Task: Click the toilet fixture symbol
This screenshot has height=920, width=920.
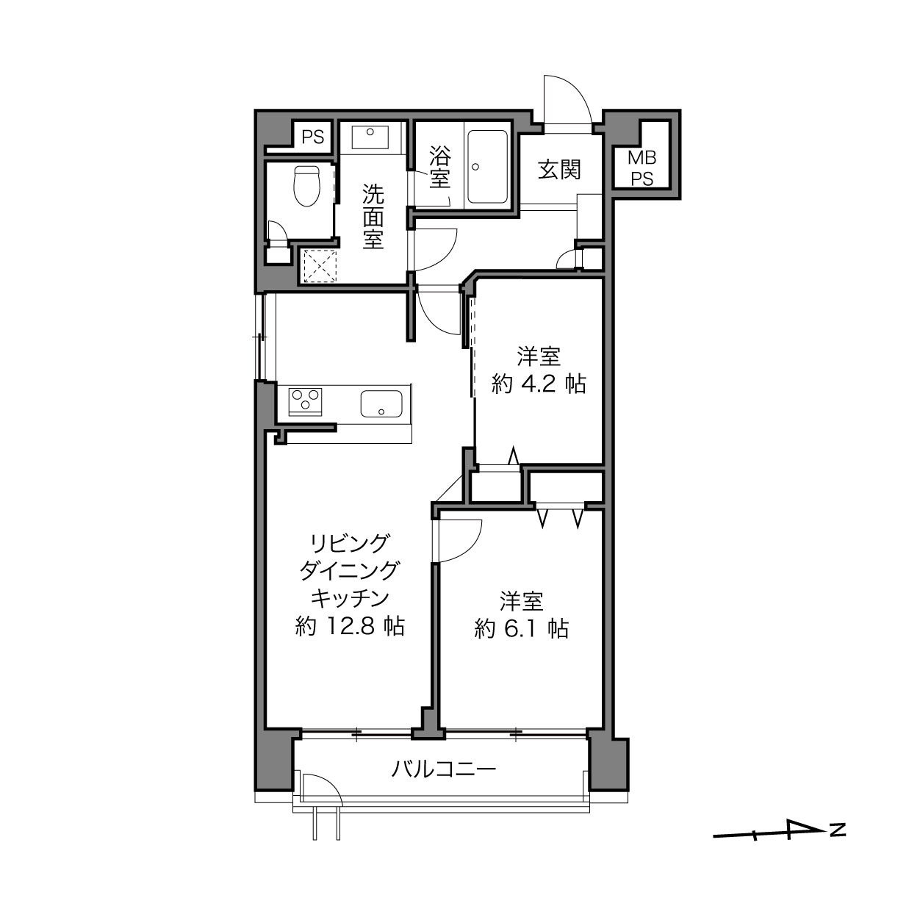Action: click(x=307, y=185)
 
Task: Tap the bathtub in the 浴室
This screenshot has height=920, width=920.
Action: click(x=487, y=167)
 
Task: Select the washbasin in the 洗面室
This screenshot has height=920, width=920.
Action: click(x=370, y=137)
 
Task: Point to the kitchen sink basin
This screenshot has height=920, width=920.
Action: click(x=381, y=404)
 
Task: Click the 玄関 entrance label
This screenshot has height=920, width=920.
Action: click(x=559, y=170)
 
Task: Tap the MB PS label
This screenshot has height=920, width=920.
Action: click(x=642, y=168)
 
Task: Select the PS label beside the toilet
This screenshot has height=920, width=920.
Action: click(x=313, y=137)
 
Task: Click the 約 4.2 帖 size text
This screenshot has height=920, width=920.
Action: click(x=539, y=384)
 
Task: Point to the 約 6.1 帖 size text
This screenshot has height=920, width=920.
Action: click(x=521, y=629)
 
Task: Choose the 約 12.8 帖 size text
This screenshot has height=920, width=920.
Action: click(x=350, y=626)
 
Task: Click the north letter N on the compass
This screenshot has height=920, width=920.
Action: click(x=838, y=830)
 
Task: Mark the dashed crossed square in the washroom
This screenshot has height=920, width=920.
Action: click(x=320, y=266)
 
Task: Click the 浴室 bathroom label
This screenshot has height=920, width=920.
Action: click(x=439, y=167)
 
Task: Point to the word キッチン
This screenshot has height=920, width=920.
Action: click(x=350, y=598)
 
